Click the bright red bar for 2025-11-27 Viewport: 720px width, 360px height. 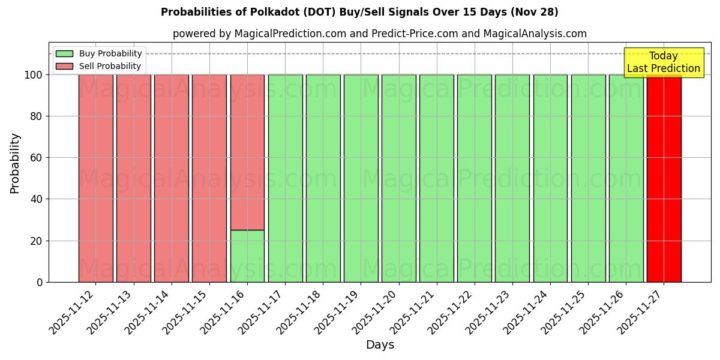tap(664, 178)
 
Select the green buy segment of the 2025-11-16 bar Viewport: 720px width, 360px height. tap(247, 256)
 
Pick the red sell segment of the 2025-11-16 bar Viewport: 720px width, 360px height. tap(247, 152)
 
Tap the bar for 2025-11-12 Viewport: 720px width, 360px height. tap(96, 178)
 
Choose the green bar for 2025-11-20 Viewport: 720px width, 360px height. tap(398, 178)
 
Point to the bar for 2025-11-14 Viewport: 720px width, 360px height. tap(172, 178)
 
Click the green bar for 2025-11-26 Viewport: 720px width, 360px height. tap(626, 178)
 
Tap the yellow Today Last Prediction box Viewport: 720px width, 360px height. tap(663, 62)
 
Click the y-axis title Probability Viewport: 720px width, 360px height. tap(15, 163)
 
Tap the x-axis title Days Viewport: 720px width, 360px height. tap(380, 345)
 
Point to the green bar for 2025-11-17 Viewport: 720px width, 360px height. tap(285, 178)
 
